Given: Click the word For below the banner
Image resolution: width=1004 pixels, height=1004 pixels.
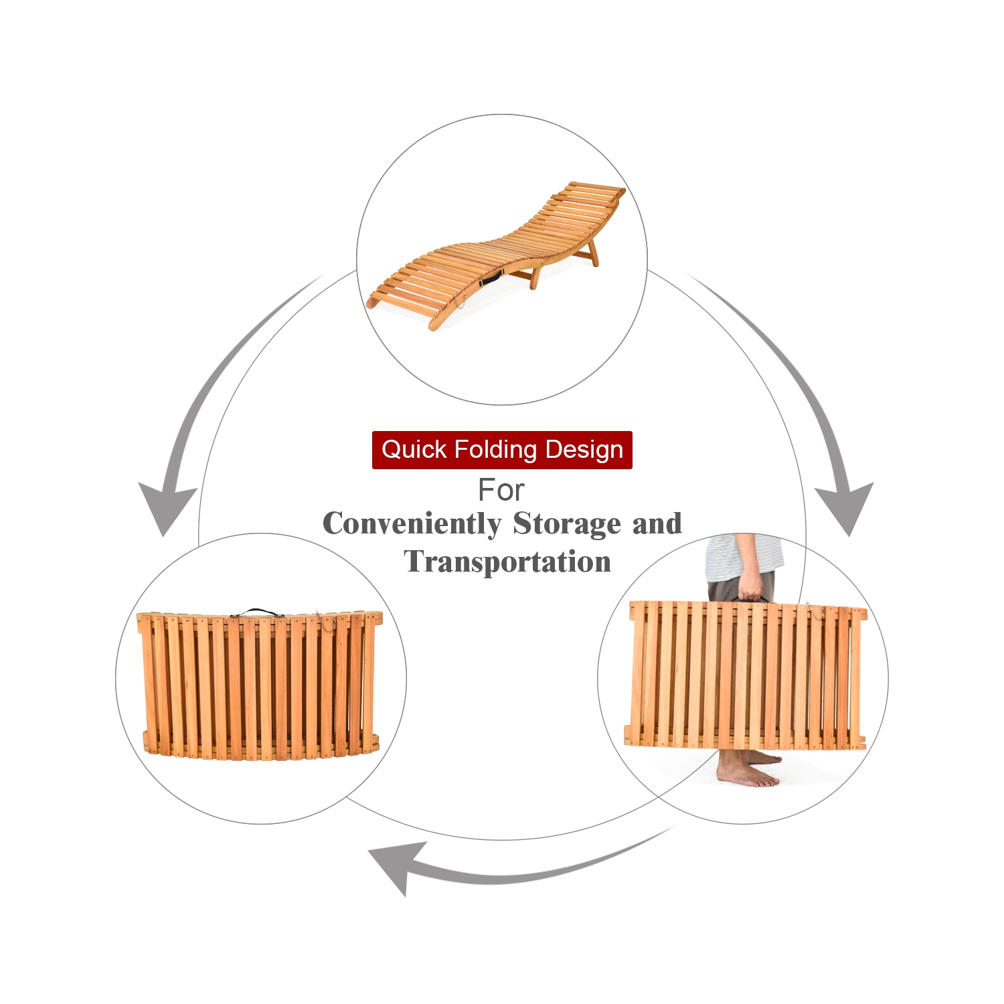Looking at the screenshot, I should click(x=501, y=491).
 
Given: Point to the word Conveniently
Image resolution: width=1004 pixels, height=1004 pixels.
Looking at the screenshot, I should click(x=412, y=524).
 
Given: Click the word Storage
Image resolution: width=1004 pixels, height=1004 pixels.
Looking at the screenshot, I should click(x=568, y=524).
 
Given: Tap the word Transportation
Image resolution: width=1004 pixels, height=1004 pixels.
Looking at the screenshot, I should click(x=507, y=562).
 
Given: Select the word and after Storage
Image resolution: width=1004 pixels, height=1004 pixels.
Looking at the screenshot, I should click(x=657, y=523).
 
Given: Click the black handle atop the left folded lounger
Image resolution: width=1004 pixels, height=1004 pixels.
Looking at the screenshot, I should click(x=257, y=612).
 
